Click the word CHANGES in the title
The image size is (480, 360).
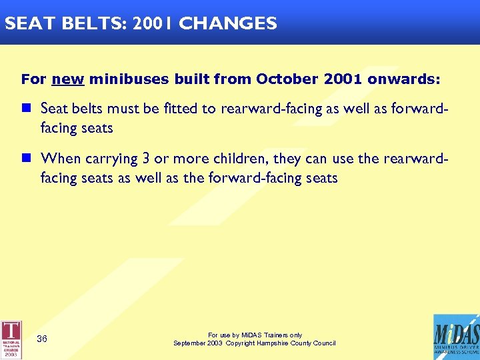pyautogui.click(x=228, y=24)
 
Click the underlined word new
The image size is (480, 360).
pyautogui.click(x=67, y=79)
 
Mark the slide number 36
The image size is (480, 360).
pyautogui.click(x=41, y=339)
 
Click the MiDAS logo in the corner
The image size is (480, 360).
pyautogui.click(x=456, y=337)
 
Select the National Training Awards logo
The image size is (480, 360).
pyautogui.click(x=11, y=340)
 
